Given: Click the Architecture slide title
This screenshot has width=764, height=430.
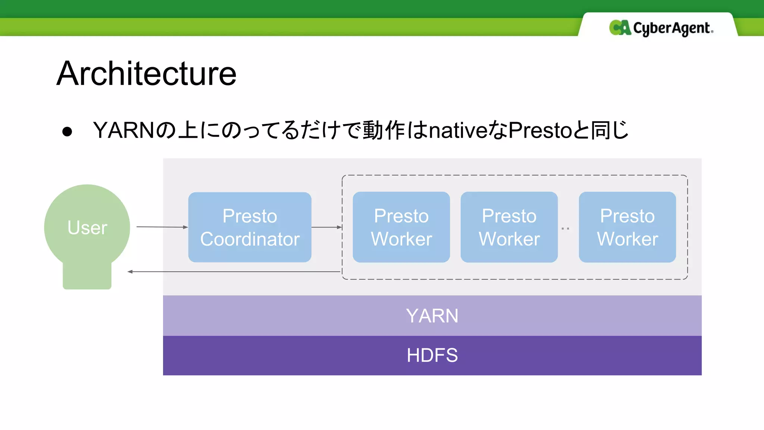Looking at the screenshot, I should click(x=146, y=74).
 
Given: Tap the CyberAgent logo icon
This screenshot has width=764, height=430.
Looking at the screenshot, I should click(x=620, y=28).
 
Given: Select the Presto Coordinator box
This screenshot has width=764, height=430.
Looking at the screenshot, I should click(x=250, y=227).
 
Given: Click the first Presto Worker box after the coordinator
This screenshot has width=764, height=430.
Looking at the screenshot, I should click(x=401, y=227).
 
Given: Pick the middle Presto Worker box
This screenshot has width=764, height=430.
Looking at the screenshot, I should click(x=509, y=227).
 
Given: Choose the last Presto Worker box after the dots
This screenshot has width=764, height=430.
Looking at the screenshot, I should click(x=627, y=227).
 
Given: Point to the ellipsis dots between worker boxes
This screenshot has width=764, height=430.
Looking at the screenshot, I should click(x=565, y=228).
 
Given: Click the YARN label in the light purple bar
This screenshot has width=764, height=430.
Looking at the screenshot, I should click(x=432, y=316).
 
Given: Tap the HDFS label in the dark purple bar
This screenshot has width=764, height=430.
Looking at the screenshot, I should click(x=432, y=355).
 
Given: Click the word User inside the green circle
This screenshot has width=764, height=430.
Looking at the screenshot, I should click(x=87, y=227).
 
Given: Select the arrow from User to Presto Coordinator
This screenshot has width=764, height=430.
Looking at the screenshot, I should click(x=162, y=227).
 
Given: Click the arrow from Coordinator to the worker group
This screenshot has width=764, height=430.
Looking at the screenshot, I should click(x=326, y=227).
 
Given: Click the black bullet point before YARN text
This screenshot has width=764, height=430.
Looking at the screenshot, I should click(x=67, y=131).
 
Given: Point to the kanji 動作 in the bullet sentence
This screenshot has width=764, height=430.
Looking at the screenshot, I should click(x=384, y=130).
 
